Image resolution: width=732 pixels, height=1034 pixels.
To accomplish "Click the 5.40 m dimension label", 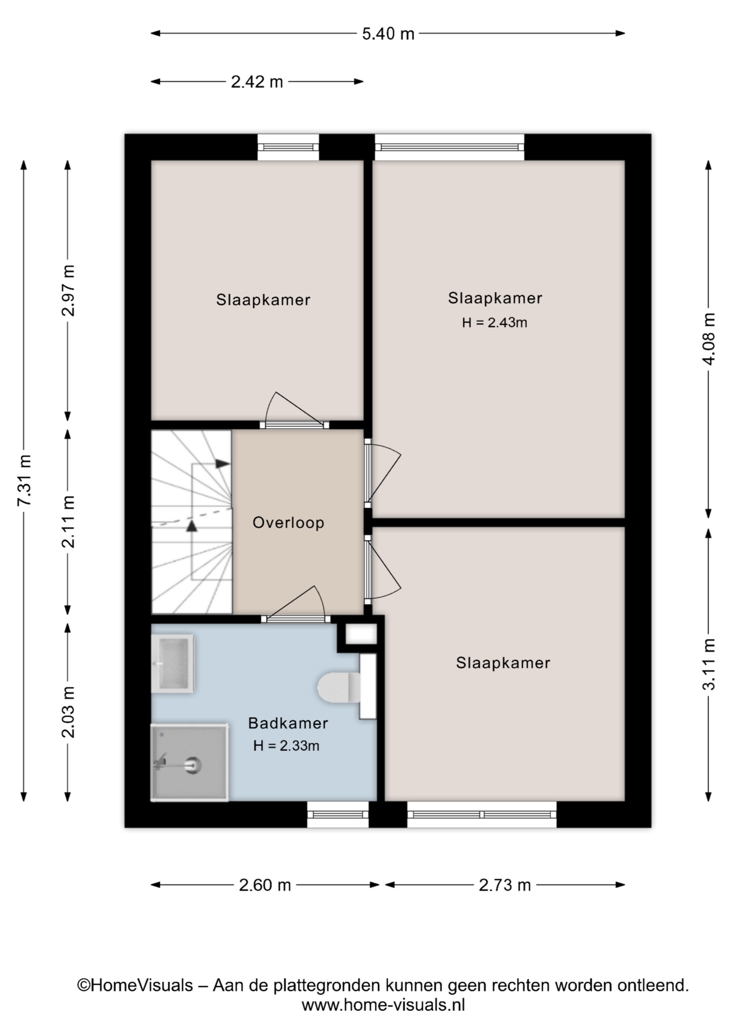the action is (x=388, y=34).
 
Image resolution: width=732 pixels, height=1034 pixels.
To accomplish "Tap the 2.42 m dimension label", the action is (x=257, y=82).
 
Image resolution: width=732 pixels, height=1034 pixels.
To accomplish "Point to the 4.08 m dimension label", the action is (x=709, y=339).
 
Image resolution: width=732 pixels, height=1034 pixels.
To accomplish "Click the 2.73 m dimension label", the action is (x=505, y=885).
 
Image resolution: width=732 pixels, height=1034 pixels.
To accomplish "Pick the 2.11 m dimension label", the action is (x=68, y=522).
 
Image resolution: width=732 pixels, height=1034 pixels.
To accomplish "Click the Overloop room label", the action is (x=288, y=523).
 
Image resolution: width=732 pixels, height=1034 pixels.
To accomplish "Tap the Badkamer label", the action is (x=288, y=723).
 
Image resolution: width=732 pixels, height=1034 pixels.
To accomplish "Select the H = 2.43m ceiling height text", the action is (x=494, y=323).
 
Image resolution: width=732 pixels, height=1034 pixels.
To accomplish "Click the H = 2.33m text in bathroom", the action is (x=286, y=746).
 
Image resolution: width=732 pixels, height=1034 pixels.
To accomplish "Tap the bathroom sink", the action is (x=172, y=663).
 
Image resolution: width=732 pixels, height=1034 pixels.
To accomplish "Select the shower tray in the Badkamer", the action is (x=190, y=763).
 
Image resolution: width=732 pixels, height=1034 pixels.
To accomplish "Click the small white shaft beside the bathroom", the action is (x=361, y=634).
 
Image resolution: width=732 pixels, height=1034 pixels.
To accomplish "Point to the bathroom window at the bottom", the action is (x=338, y=814).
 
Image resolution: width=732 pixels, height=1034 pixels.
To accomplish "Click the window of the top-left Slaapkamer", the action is (x=288, y=147).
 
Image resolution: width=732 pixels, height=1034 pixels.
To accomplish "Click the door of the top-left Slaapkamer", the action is (x=294, y=425).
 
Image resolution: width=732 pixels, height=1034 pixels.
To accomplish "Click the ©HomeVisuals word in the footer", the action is (x=135, y=986).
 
